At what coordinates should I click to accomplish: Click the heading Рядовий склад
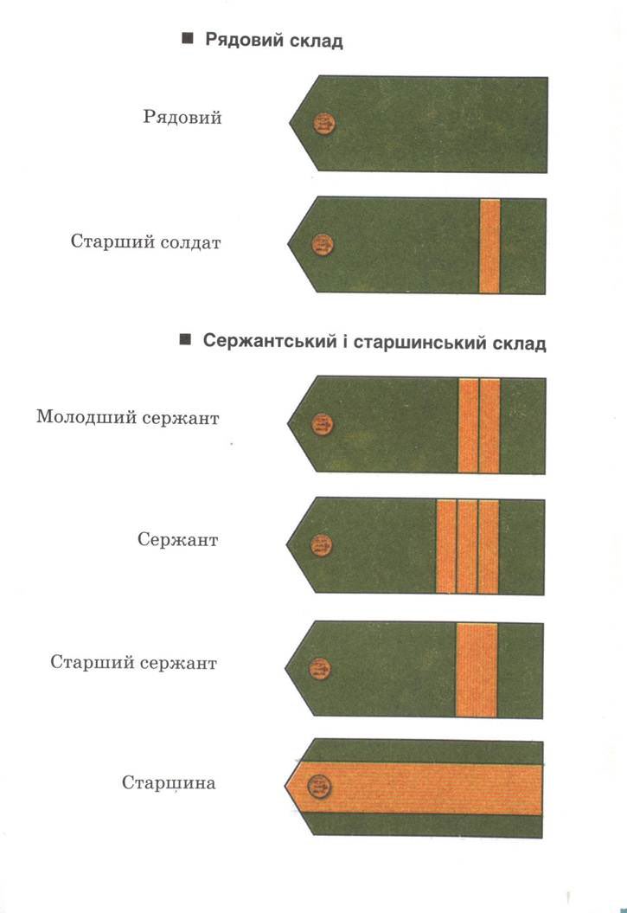[x=273, y=41]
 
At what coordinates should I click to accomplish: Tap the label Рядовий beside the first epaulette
[x=182, y=117]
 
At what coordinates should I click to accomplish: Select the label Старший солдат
[x=145, y=241]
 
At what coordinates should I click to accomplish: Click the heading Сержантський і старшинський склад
[x=374, y=342]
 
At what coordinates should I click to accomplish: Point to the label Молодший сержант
[x=127, y=417]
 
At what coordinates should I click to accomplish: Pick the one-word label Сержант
[x=177, y=540]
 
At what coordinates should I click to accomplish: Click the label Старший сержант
[x=133, y=664]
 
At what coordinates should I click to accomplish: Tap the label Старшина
[x=169, y=784]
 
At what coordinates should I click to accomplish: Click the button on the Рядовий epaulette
[x=324, y=125]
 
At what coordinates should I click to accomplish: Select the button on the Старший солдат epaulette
[x=323, y=245]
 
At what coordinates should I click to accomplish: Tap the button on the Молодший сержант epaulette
[x=323, y=424]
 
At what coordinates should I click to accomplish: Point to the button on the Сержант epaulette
[x=322, y=544]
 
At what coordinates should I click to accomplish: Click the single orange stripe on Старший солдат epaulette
[x=490, y=245]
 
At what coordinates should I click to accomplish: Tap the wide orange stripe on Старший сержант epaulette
[x=477, y=669]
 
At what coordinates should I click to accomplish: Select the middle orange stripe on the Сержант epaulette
[x=467, y=546]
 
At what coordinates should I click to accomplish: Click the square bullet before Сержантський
[x=184, y=341]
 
